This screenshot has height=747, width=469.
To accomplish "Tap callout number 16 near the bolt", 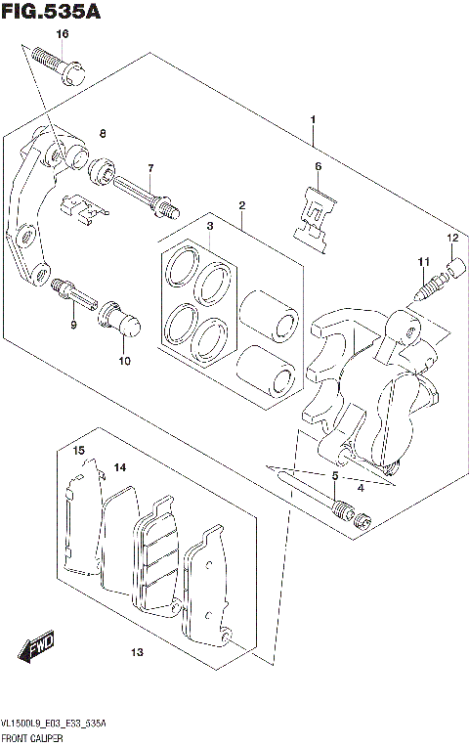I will tap(62, 34).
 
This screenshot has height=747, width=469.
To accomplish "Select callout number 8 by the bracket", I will tap(102, 133).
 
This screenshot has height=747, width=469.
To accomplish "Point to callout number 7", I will tap(150, 168).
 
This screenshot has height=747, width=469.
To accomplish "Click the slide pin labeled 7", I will tap(145, 194).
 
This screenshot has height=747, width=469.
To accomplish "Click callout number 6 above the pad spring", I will tap(318, 166).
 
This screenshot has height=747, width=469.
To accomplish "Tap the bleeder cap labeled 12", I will tap(452, 266).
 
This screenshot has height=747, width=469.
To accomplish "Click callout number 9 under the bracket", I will tap(72, 325).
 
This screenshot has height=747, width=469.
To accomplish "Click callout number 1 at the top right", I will tap(312, 119).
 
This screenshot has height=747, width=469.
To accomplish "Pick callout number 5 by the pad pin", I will tap(335, 476).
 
